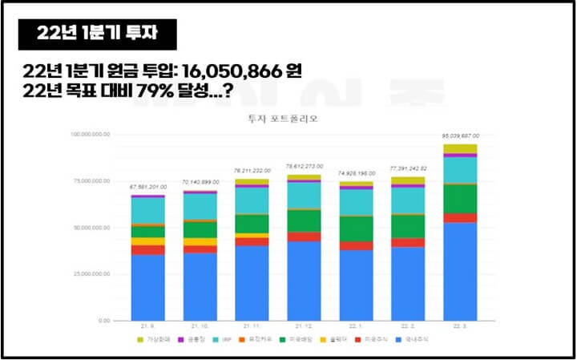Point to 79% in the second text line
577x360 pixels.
(x=167, y=92)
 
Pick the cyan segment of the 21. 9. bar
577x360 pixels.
(x=147, y=210)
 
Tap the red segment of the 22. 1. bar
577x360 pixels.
(x=356, y=245)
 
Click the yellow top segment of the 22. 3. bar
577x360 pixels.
(x=459, y=148)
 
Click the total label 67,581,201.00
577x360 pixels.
(x=147, y=187)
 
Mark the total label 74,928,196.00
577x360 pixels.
(x=356, y=173)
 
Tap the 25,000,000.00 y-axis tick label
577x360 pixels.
(x=95, y=274)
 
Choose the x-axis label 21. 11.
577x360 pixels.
(x=252, y=327)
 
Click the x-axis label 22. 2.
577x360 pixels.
(x=407, y=327)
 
